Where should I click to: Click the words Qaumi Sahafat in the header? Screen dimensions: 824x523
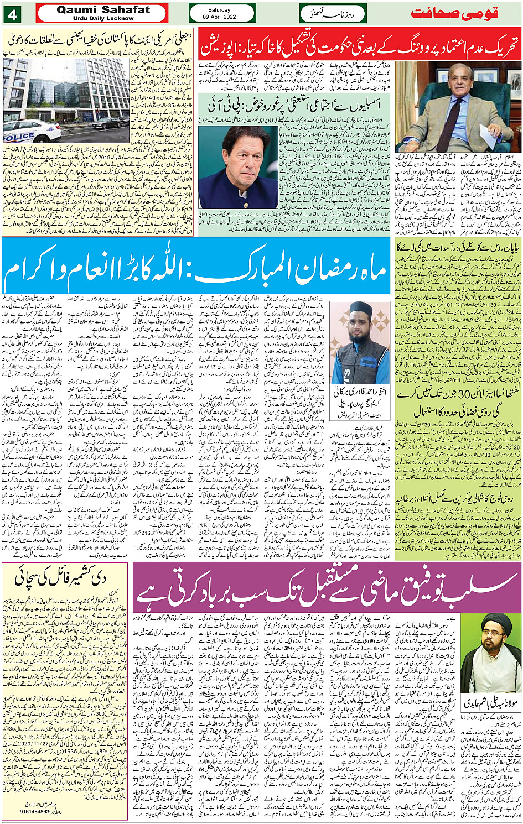(103, 9)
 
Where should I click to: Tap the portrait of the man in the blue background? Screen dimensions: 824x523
(238, 167)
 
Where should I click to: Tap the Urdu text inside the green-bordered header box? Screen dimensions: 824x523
(333, 13)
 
